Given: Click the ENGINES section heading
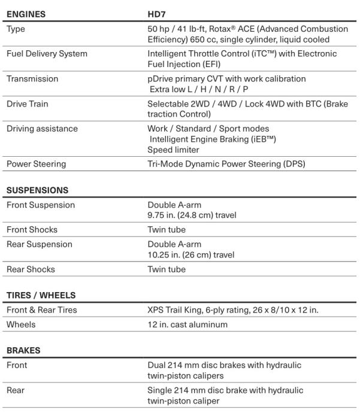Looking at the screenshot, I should tap(26, 13).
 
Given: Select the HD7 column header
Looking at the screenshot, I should tap(158, 13).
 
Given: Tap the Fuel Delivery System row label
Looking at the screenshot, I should tap(46, 54).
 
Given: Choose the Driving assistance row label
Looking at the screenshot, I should tap(42, 129).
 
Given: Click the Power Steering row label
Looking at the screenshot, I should tap(36, 163).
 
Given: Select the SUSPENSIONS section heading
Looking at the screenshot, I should tap(37, 190).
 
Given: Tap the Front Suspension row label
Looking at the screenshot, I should tap(40, 205).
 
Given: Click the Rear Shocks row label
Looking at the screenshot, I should tap(31, 269).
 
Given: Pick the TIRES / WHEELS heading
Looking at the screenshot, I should tap(41, 295).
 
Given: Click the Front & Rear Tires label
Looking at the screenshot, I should tap(41, 310).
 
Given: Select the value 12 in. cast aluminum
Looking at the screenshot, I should tap(187, 324).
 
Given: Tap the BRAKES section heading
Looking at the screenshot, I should tap(23, 350).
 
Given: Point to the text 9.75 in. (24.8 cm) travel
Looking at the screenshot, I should tap(190, 215).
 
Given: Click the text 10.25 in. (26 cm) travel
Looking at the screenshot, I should tap(190, 254).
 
